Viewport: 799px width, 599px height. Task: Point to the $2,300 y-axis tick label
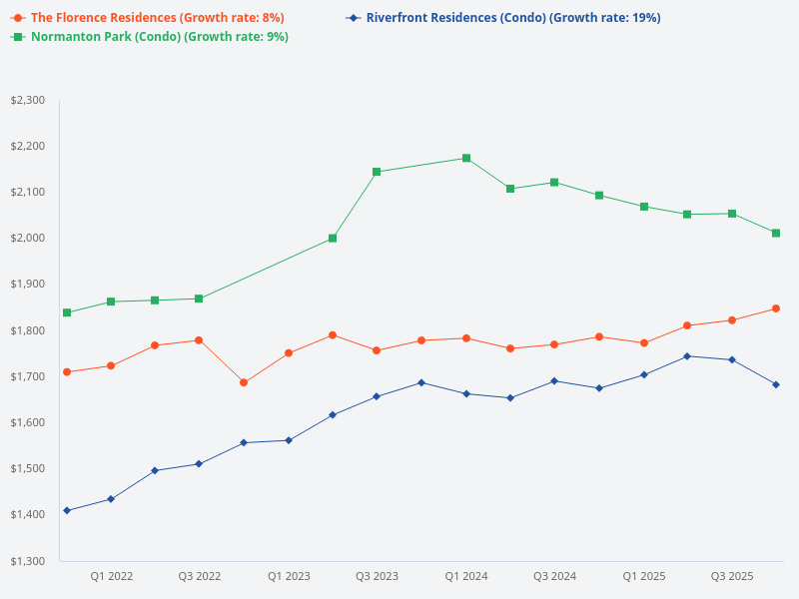[x=28, y=100]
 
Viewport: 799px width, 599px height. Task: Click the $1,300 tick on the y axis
[x=28, y=561]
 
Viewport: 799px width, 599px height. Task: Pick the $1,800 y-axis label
[x=28, y=330]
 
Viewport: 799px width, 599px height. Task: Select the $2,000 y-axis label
[x=28, y=238]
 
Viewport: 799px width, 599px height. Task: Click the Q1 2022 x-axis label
[x=112, y=576]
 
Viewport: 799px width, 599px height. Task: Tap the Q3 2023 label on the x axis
[x=378, y=576]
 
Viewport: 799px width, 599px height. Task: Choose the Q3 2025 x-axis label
[x=732, y=576]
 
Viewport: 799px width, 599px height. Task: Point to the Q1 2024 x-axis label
[x=466, y=576]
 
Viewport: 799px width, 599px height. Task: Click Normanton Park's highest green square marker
[x=466, y=159]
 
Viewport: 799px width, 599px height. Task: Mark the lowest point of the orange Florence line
[x=244, y=382]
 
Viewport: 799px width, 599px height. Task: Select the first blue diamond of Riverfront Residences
[x=67, y=510]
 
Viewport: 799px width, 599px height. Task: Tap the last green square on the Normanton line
[x=776, y=233]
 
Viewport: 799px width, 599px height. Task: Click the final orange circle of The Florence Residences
[x=776, y=308]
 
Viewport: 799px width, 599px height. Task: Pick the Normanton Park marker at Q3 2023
[x=377, y=172]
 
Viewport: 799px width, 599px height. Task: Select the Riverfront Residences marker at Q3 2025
[x=732, y=359]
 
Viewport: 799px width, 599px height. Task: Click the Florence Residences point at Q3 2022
[x=199, y=340]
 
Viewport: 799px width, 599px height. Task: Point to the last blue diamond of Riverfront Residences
[x=776, y=384]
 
